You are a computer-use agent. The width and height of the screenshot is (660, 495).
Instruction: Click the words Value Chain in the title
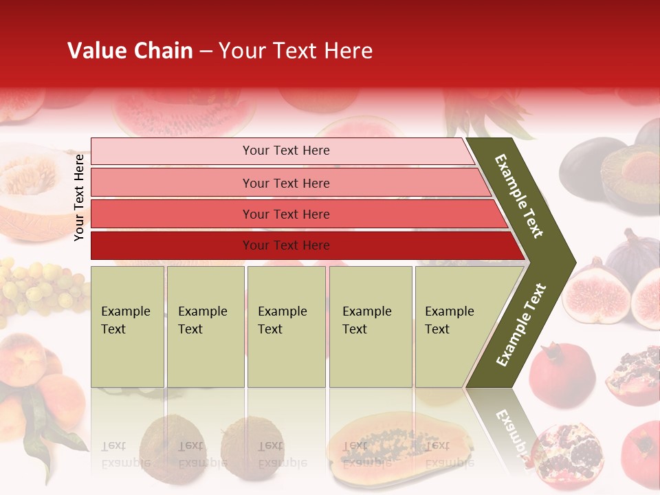point(130,51)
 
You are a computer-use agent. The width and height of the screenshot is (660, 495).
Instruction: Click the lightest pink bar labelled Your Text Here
point(285,151)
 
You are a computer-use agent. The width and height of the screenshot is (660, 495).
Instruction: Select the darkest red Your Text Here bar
point(285,245)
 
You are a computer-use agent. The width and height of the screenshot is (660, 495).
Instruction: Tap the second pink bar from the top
point(285,183)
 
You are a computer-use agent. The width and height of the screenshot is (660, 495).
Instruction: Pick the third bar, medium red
point(285,214)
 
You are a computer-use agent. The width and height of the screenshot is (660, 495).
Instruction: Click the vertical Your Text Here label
point(79,197)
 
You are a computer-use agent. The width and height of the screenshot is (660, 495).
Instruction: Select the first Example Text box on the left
point(127,326)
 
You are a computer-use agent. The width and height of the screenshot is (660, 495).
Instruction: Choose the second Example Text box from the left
point(205,326)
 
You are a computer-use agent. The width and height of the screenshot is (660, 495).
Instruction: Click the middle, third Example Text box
point(286,326)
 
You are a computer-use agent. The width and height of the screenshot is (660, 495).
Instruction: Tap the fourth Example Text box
point(370,326)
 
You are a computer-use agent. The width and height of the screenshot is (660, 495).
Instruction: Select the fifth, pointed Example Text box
point(454,326)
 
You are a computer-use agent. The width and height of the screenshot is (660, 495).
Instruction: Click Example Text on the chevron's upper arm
point(519,196)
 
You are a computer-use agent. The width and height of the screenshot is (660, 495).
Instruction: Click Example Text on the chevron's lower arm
point(520,325)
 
